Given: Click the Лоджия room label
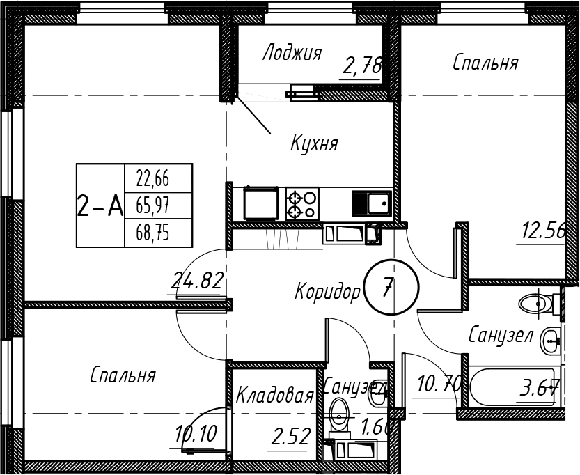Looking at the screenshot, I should (292, 53).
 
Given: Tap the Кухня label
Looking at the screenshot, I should (314, 144).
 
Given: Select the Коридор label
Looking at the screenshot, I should (327, 290).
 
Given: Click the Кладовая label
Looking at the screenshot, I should (274, 396).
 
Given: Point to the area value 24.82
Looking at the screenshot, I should (197, 281).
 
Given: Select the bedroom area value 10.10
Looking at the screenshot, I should (196, 434).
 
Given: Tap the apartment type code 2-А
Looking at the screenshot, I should (99, 206).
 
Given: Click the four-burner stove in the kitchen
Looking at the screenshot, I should (302, 203).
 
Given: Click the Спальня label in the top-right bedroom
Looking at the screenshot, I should (485, 63).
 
